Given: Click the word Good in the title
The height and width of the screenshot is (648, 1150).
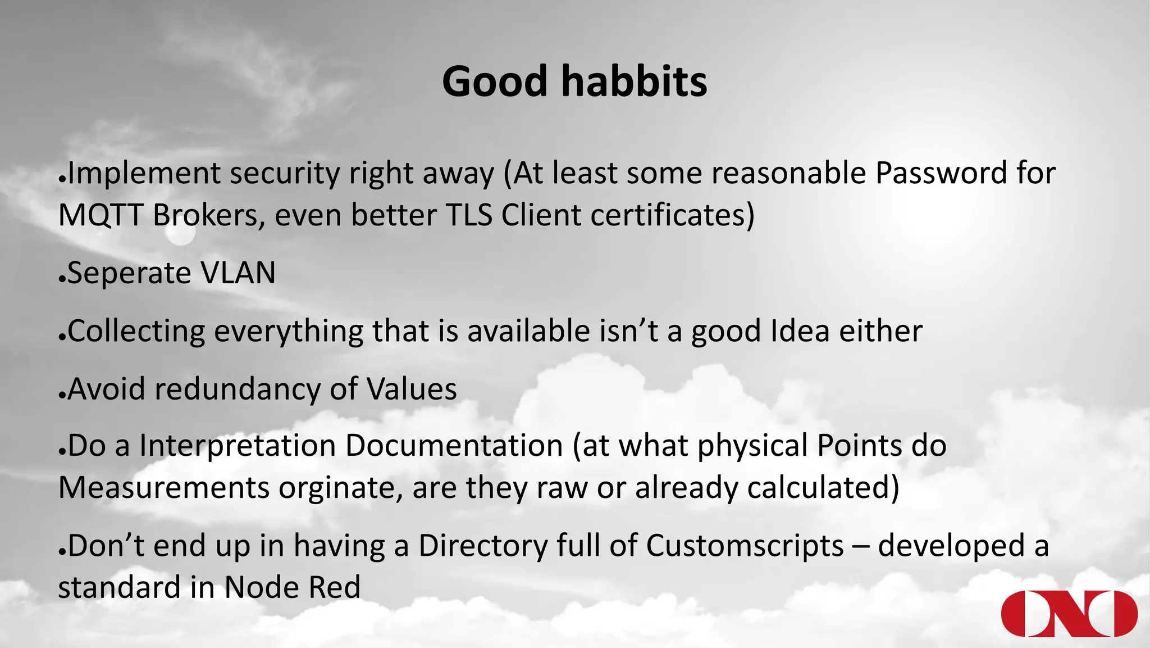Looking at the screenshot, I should click(x=494, y=81).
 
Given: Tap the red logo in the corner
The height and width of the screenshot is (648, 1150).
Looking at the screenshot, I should click(x=1069, y=614).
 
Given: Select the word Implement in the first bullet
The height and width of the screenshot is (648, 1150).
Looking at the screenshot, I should click(x=144, y=174).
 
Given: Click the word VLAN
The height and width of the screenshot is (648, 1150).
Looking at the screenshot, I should click(x=238, y=273).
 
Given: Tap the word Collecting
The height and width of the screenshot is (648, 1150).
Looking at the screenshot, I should click(x=136, y=332).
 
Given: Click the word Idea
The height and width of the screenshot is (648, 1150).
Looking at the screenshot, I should click(x=800, y=330).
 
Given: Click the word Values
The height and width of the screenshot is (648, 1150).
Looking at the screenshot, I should click(x=412, y=389).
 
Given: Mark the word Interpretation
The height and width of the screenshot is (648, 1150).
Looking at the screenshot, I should click(x=237, y=446).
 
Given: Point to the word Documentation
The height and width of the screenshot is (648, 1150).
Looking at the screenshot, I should click(x=454, y=446).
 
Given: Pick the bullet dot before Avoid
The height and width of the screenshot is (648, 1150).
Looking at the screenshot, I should click(x=62, y=396).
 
